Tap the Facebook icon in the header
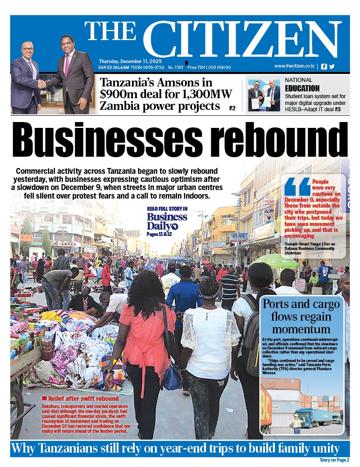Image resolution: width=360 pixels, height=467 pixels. coord(324,67)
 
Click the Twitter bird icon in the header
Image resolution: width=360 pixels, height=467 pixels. coord(332,67)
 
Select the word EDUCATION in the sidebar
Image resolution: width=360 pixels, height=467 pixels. coord(302,88)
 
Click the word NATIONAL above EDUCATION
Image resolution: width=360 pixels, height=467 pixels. coord(298,80)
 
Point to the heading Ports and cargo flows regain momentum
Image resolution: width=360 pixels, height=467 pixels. coord(301,315)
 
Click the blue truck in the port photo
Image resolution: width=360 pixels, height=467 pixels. coord(314,416)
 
